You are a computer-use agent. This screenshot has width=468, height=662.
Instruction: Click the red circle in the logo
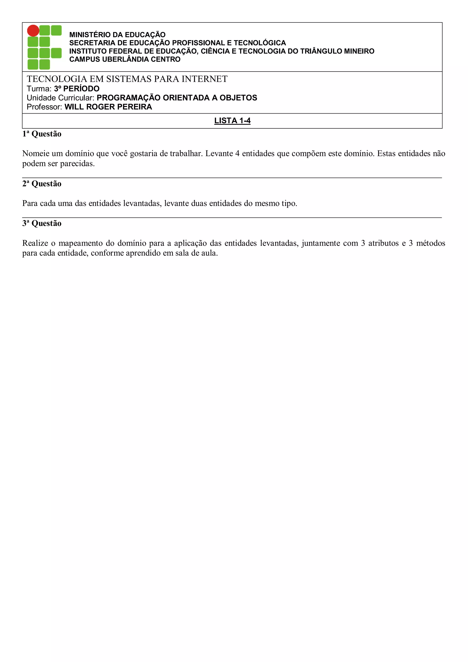click(x=33, y=31)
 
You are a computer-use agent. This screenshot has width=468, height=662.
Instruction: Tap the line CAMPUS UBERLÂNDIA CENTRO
click(x=125, y=59)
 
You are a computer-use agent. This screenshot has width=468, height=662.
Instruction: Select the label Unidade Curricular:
click(x=61, y=98)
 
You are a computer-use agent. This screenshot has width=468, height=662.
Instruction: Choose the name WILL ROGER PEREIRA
click(x=108, y=107)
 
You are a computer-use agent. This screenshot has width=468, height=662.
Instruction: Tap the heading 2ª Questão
click(x=42, y=184)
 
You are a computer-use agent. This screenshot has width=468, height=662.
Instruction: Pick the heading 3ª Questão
click(x=42, y=223)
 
